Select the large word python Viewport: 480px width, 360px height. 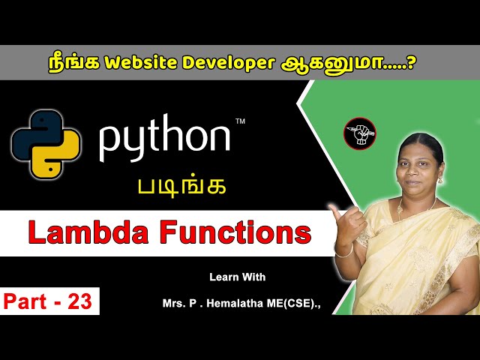click(x=165, y=139)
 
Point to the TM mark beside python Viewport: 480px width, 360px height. click(x=240, y=121)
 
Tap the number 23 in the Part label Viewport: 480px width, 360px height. click(x=78, y=301)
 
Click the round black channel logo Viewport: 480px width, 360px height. click(x=359, y=133)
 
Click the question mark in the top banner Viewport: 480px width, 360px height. click(x=411, y=61)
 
